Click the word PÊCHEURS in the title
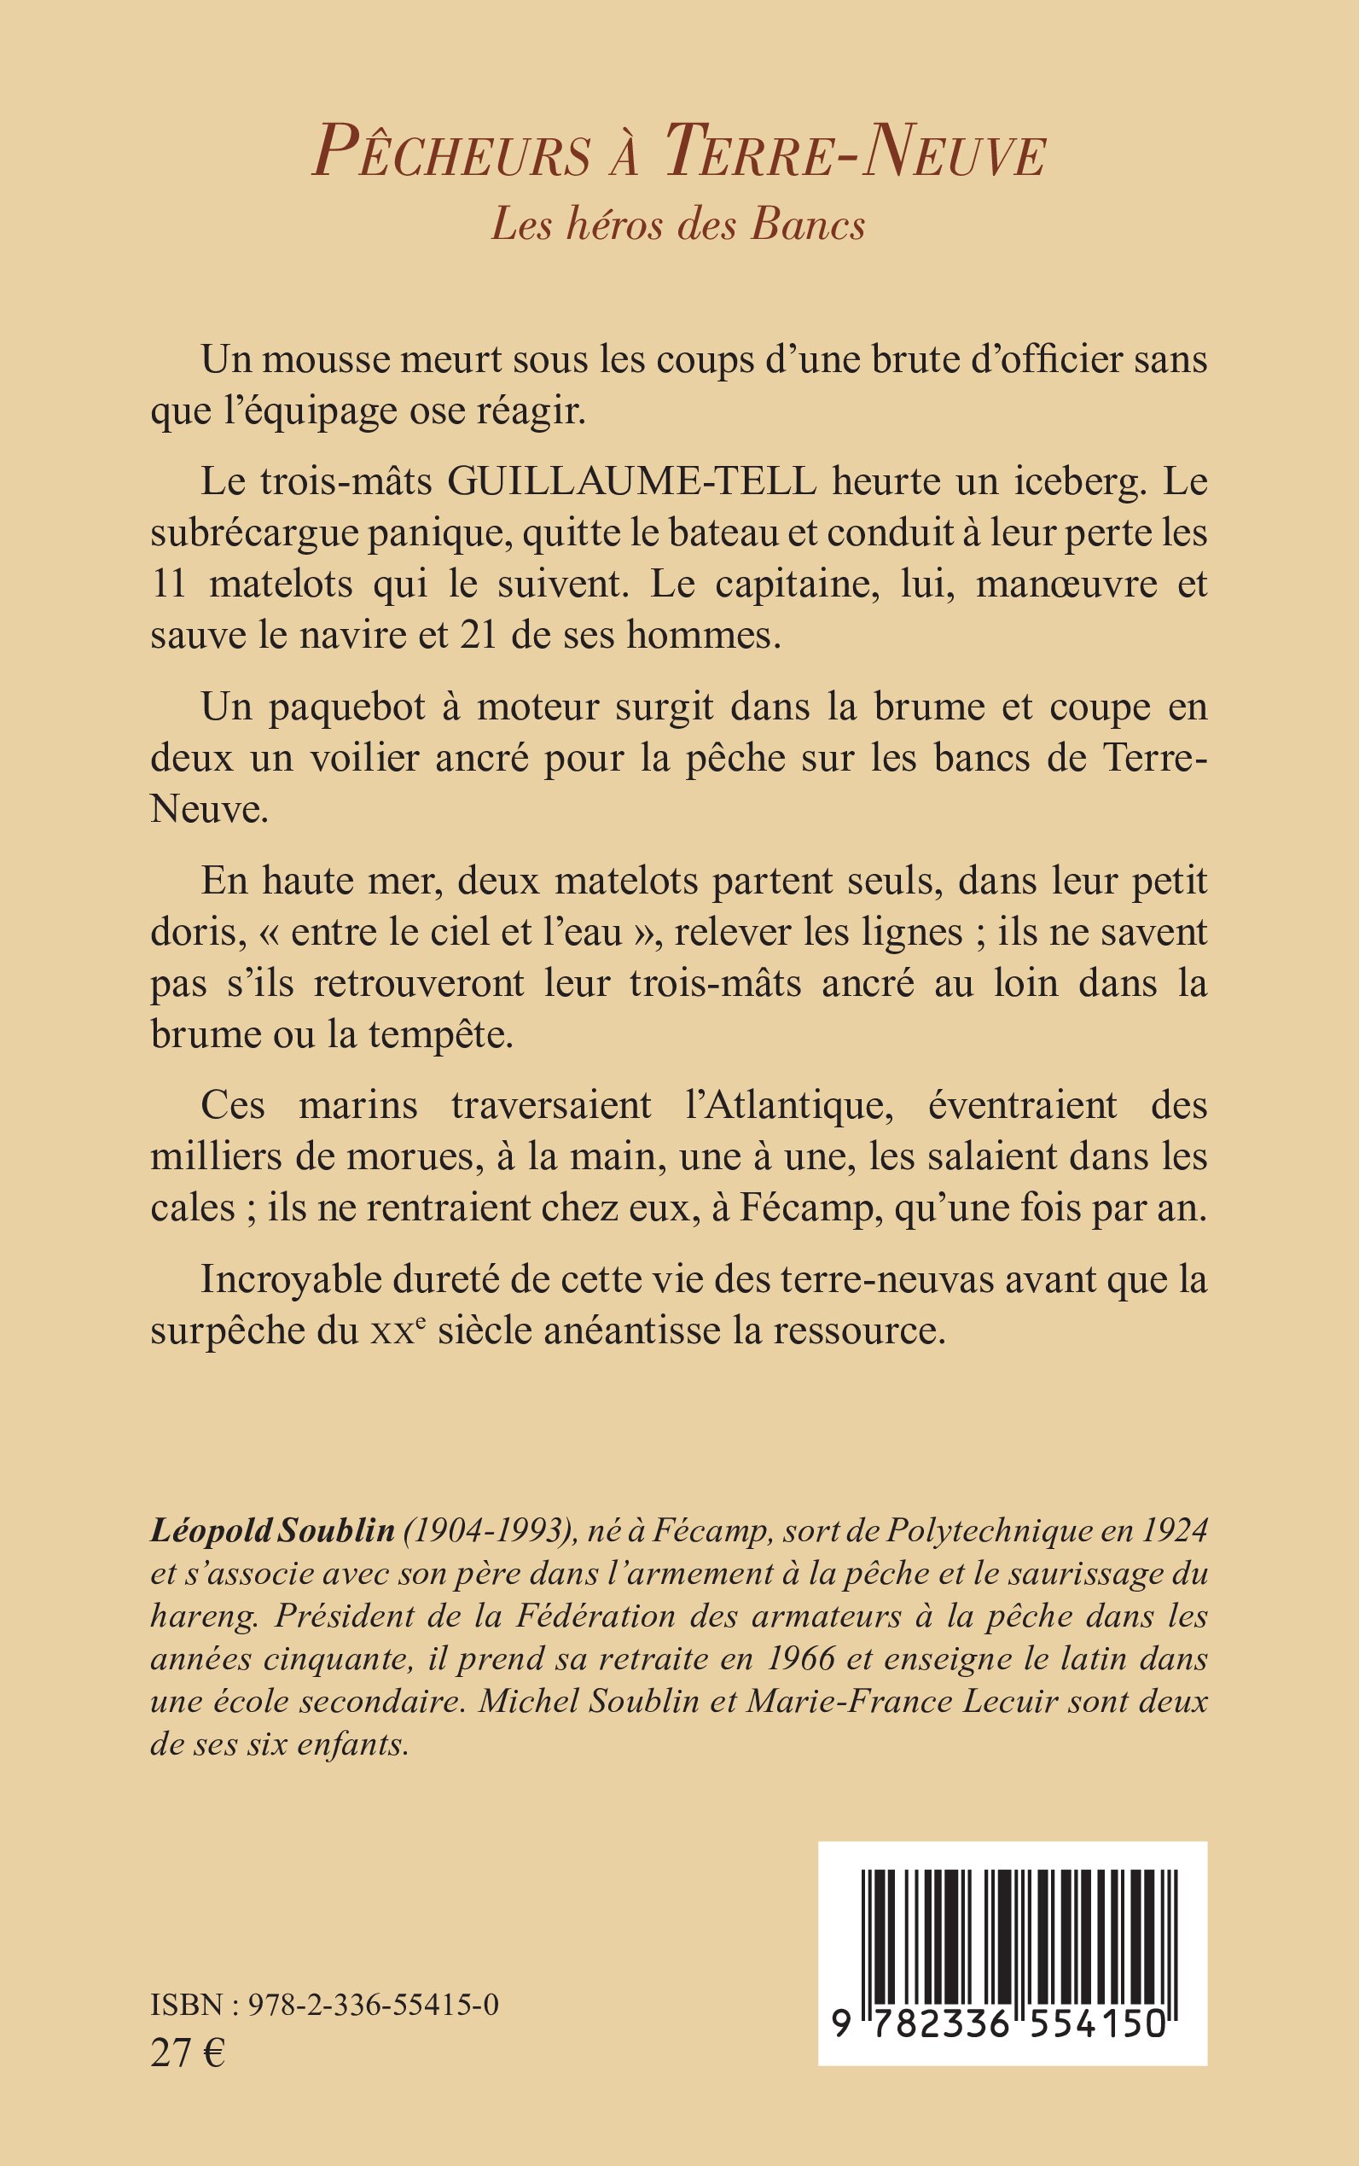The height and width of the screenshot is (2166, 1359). pyautogui.click(x=451, y=151)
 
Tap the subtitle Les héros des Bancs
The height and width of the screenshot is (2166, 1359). pyautogui.click(x=678, y=224)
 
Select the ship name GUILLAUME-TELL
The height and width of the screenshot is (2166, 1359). pyautogui.click(x=632, y=482)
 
